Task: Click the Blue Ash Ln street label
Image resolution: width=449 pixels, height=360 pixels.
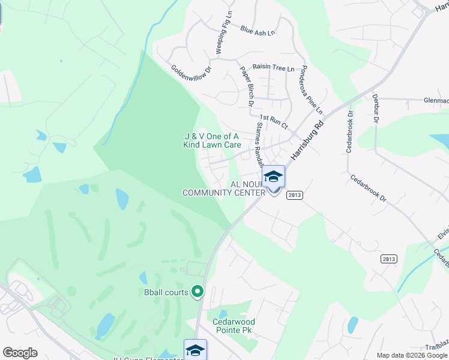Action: point(257,29)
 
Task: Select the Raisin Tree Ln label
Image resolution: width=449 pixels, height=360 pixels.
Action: point(273,68)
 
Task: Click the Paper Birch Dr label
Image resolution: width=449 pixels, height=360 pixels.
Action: point(247,88)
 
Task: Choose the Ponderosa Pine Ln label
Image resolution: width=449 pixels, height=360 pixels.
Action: point(312,89)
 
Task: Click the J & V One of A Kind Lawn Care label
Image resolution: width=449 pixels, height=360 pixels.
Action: point(212,140)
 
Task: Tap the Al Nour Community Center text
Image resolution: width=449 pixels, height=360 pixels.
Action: point(223,188)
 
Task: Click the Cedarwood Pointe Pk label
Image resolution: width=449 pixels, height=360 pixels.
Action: point(234,326)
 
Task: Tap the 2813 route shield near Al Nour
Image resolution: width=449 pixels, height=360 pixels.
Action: point(294,196)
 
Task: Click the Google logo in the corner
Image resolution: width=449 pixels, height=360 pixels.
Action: point(20,353)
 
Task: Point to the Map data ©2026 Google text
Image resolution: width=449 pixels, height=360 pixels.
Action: point(412,355)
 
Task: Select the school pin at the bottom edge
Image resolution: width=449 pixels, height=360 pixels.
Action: point(195,350)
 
